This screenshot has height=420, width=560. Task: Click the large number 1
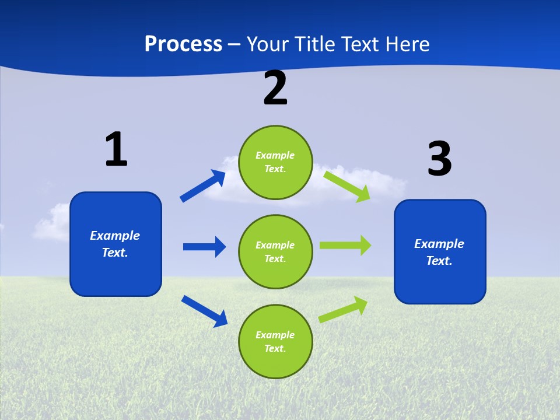[x=116, y=149]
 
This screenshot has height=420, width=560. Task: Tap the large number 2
[x=275, y=88]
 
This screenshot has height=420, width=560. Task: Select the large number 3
[x=440, y=159]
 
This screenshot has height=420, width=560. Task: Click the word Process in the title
[x=183, y=44]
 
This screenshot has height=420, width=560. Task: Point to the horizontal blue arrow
[x=204, y=247]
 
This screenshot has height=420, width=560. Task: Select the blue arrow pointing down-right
[x=204, y=311]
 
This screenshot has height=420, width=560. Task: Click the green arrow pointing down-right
[x=347, y=186]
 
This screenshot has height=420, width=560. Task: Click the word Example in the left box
[x=115, y=236]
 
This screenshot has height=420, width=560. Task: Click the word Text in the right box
[x=439, y=261]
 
